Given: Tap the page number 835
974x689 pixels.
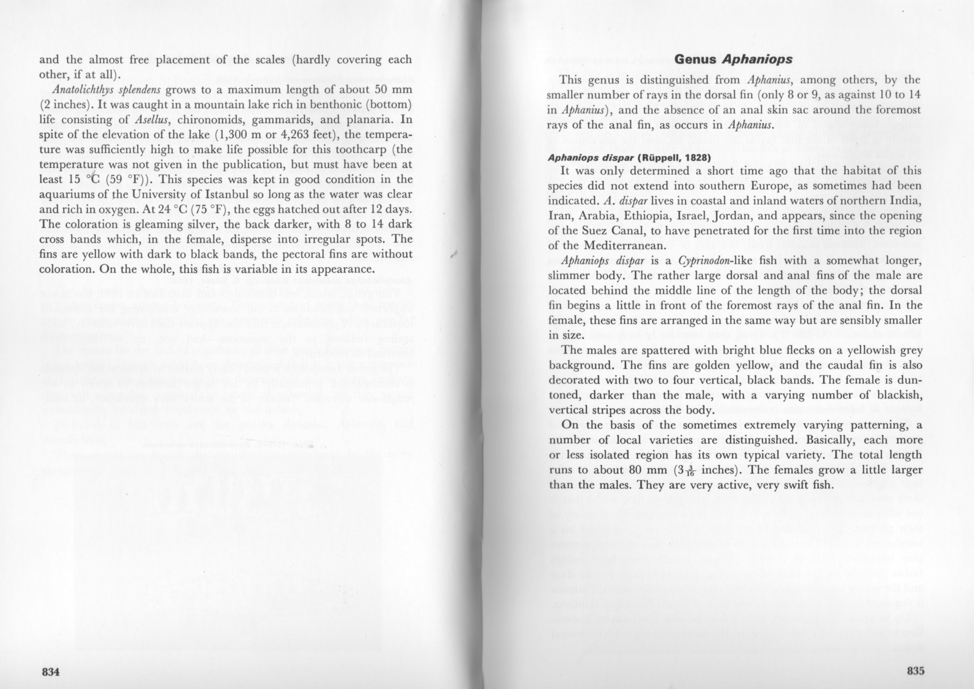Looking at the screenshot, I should tap(915, 671).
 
